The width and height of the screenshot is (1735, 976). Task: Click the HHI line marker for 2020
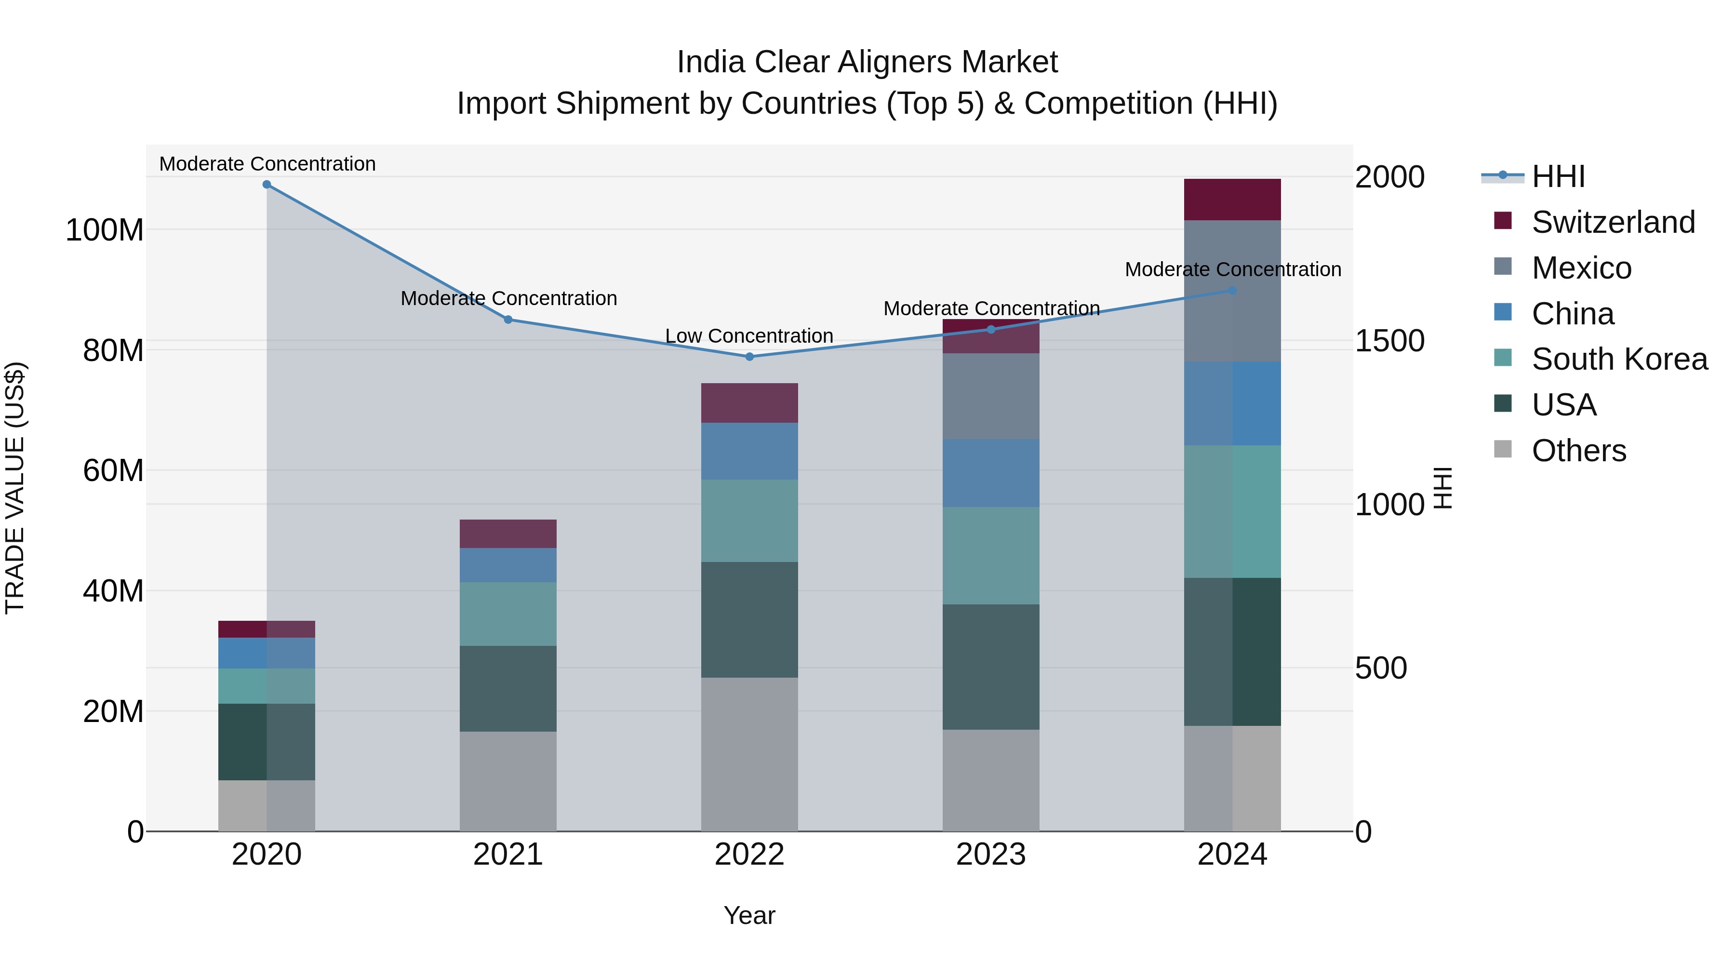pyautogui.click(x=267, y=185)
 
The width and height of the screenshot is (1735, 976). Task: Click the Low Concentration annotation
pyautogui.click(x=749, y=336)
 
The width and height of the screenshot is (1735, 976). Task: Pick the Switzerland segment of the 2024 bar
pyautogui.click(x=1232, y=200)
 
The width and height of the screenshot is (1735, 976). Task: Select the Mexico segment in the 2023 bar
pyautogui.click(x=991, y=397)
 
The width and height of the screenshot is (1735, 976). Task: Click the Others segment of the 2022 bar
pyautogui.click(x=749, y=754)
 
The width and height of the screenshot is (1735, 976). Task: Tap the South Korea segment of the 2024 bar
pyautogui.click(x=1232, y=512)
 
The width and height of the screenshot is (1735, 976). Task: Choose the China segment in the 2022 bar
pyautogui.click(x=749, y=451)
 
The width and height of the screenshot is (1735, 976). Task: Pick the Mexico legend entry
pyautogui.click(x=1581, y=268)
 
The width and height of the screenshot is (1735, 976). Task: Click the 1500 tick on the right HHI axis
pyautogui.click(x=1389, y=341)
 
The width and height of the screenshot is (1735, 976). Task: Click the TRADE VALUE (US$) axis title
pyautogui.click(x=15, y=488)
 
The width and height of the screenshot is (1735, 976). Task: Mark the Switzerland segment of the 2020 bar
pyautogui.click(x=267, y=629)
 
